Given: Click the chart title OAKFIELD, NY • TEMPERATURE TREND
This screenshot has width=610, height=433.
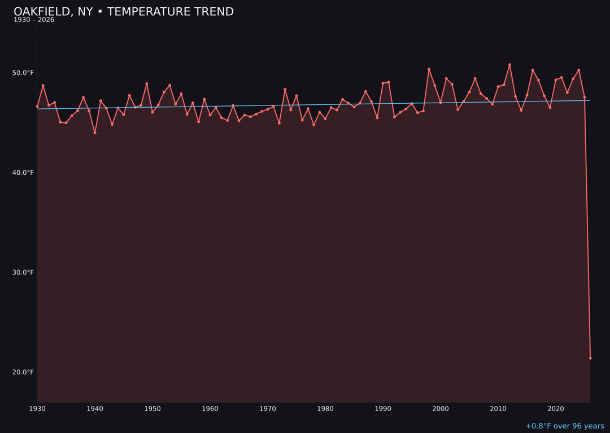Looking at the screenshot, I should click(124, 12).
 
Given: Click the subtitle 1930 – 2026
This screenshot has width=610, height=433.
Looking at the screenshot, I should click(34, 20).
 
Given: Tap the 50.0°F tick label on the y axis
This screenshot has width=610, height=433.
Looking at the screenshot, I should click(24, 73).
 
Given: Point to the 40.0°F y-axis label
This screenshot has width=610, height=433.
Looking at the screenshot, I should click(24, 173).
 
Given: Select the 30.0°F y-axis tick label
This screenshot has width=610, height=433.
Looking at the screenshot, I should click(24, 273).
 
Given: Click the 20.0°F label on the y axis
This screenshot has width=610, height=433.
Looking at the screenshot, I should click(24, 372).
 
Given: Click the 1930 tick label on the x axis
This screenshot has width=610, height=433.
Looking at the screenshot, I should click(37, 409).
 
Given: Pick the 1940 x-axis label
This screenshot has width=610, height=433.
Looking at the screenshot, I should click(95, 409).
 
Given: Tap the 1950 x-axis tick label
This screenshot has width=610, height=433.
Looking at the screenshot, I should click(152, 409).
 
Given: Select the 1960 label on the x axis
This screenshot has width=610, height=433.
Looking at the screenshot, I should click(210, 409).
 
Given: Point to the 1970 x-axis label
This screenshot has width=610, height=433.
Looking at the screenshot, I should click(268, 409).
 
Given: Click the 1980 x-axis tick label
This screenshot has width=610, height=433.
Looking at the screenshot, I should click(325, 409).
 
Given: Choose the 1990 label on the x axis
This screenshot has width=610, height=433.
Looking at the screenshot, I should click(383, 409).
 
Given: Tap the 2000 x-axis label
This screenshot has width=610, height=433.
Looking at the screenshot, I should click(441, 409).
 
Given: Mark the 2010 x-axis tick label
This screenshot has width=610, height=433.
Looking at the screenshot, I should click(498, 409).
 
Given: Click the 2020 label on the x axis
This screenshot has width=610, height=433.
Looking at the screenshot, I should click(556, 409).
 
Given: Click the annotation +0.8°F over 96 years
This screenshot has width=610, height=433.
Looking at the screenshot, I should click(564, 426).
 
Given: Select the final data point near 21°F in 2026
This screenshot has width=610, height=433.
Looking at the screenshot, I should click(590, 358).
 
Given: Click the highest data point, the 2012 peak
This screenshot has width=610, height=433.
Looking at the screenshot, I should click(509, 65).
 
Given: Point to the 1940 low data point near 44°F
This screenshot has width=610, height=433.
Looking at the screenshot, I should click(95, 133).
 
